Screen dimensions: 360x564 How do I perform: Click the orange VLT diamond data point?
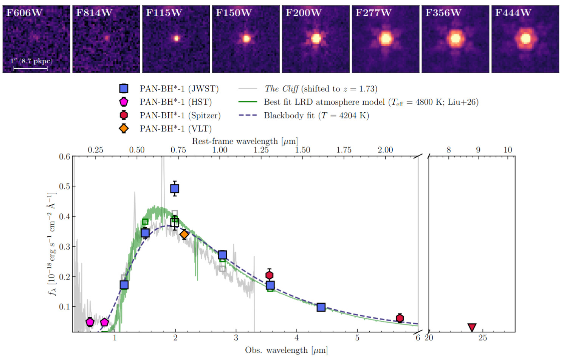tap(184, 234)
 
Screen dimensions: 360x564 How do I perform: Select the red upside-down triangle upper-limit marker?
tap(472, 327)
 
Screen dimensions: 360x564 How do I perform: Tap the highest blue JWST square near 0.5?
tap(175, 188)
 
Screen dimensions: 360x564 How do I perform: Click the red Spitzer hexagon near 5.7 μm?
tap(400, 318)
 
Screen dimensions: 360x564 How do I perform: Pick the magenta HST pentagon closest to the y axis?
tap(90, 322)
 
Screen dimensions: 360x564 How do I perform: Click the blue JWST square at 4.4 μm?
tap(321, 307)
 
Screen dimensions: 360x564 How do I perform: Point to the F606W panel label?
tap(24, 13)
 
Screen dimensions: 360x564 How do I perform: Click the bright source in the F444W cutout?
tap(525, 39)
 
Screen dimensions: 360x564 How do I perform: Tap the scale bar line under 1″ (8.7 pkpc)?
tap(30, 68)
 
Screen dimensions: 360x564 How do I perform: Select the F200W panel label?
tap(304, 13)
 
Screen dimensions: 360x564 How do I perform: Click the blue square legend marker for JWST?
tap(124, 88)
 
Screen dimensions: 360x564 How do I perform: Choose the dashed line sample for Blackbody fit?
tap(248, 115)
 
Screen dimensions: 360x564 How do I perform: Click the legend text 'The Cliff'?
tap(281, 89)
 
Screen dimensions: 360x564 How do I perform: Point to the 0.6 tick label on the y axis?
tap(64, 157)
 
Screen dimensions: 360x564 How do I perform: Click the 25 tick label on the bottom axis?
tap(483, 338)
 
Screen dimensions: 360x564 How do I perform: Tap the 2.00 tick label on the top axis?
tap(385, 150)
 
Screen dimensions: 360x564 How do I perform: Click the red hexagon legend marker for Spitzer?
tap(124, 115)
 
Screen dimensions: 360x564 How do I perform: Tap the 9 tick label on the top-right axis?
tap(478, 150)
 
